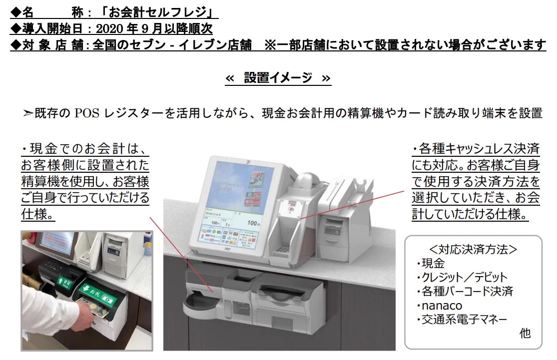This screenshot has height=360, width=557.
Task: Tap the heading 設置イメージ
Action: tap(278, 78)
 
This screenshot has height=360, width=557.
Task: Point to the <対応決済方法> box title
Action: tap(473, 249)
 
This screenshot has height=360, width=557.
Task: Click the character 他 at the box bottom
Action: tap(525, 333)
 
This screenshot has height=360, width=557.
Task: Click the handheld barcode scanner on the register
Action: tap(308, 182)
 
